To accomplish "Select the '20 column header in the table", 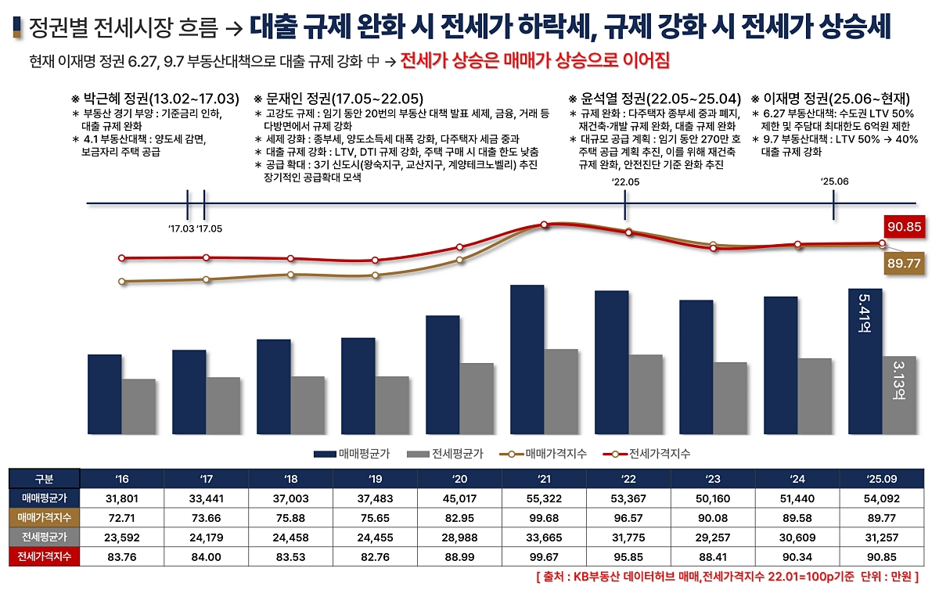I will coord(459,478).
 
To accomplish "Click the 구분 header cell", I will coord(44,478).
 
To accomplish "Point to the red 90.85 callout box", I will coord(904,228).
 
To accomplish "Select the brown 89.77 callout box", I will coord(904,264).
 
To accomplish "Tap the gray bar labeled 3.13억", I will coord(899,395).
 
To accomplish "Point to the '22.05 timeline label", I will coord(625,182).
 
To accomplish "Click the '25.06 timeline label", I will coord(834,182).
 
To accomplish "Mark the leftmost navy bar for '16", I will coord(104,394).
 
